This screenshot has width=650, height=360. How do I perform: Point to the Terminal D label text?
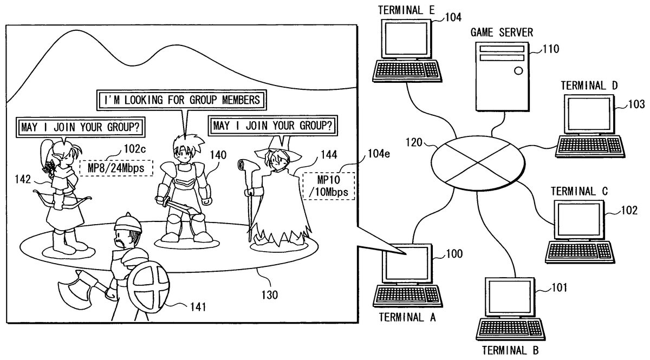tap(589, 86)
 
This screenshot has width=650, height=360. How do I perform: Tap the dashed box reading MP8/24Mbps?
tap(116, 167)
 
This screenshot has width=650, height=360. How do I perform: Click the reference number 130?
tap(269, 295)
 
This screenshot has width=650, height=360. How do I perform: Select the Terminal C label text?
tap(578, 191)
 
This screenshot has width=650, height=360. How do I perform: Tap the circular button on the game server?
tap(518, 70)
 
